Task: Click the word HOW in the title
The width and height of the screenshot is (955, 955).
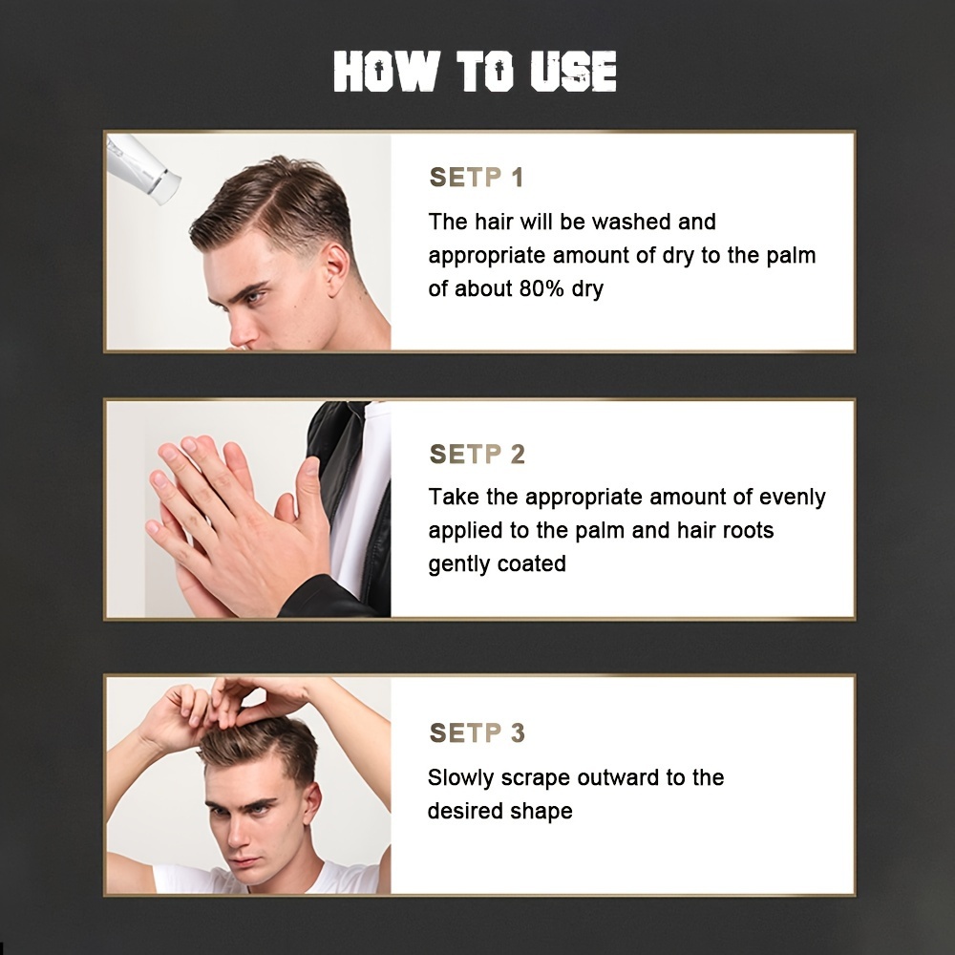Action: click(386, 72)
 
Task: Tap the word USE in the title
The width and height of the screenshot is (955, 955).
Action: click(572, 72)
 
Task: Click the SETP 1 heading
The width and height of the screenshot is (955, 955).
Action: click(477, 178)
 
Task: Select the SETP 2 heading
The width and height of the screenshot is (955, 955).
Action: click(477, 454)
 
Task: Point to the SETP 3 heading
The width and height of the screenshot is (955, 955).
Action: click(477, 732)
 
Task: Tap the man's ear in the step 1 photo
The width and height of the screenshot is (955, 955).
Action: click(337, 270)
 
